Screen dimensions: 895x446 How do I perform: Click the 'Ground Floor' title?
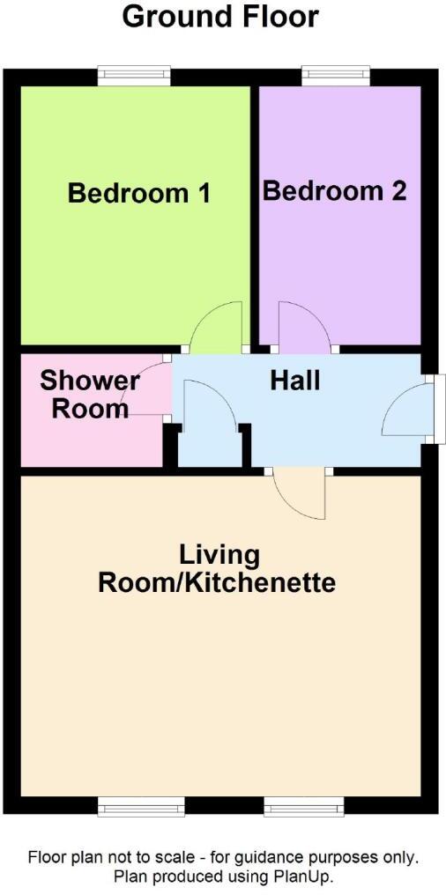pos(220,16)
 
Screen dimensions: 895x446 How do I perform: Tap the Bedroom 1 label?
pos(139,193)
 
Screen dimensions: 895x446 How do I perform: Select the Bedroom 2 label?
pos(335,190)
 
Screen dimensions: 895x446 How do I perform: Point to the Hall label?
pos(294,381)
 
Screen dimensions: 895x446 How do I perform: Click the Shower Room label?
pos(90,395)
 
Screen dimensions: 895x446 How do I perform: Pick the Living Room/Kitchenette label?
pos(219,569)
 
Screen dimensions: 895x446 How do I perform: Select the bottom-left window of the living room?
pos(141,804)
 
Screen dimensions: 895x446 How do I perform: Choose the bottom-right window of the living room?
pos(305,804)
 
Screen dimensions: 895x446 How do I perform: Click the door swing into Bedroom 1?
pos(217,324)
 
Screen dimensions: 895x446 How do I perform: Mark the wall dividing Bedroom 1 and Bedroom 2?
pos(254,211)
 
